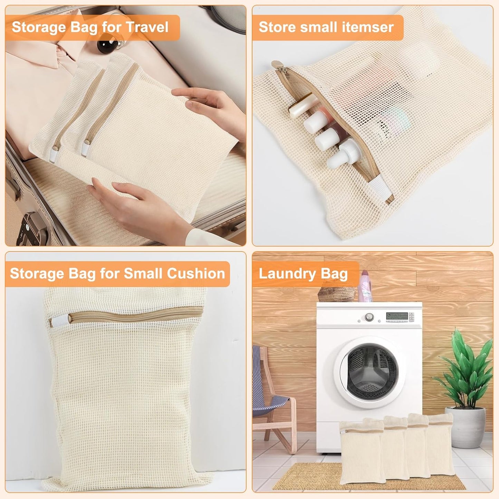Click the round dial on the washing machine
coord(370,317)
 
